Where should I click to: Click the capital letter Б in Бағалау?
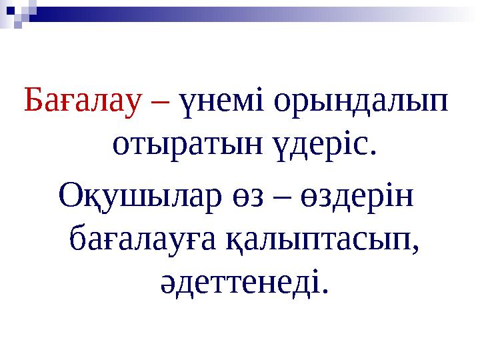coord(33,101)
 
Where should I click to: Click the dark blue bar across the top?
coord(200,9)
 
